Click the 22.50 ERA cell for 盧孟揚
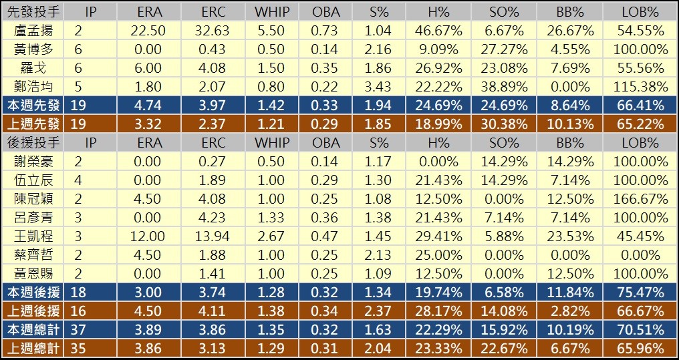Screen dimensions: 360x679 (148, 31)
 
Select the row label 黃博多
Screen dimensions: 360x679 (33, 49)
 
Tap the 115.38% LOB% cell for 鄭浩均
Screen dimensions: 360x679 (640, 87)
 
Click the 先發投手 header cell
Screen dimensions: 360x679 (33, 12)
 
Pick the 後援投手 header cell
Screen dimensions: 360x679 (33, 143)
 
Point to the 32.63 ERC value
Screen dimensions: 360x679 (213, 31)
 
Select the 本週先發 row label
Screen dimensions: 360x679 (33, 106)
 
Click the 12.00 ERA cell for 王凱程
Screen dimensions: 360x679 (148, 236)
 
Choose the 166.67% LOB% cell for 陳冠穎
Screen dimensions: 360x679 (640, 199)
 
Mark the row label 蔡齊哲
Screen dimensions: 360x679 (33, 255)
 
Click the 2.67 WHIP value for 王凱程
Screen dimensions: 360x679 (271, 236)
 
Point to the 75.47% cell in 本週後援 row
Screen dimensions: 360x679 (640, 293)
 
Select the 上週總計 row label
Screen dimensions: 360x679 (33, 349)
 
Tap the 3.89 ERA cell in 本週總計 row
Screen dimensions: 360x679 (148, 330)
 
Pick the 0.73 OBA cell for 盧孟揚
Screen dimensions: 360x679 (326, 31)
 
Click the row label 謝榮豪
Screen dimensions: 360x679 (33, 162)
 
